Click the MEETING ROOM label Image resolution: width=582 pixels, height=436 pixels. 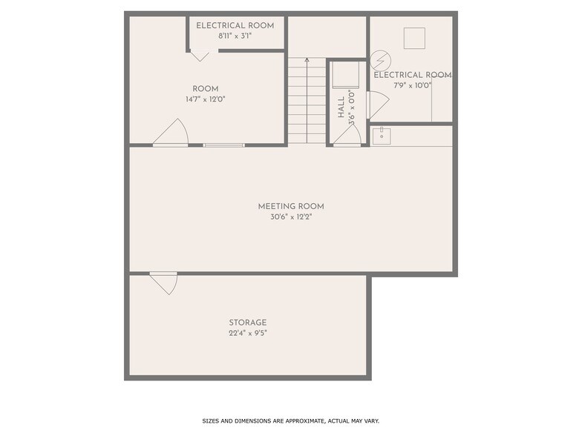291,206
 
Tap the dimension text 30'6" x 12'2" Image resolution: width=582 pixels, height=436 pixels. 291,217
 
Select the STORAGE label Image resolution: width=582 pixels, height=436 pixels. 247,323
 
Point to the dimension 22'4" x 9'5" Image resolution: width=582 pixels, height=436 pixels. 247,334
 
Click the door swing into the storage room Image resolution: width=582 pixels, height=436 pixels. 165,282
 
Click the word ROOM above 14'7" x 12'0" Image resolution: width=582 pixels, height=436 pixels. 206,89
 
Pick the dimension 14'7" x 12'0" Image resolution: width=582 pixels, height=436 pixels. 206,99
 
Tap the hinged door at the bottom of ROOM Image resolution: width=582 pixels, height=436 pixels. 172,133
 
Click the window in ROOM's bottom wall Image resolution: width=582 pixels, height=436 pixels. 223,145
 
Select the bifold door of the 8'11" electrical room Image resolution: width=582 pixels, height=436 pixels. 200,54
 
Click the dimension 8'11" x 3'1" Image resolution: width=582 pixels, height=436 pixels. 235,36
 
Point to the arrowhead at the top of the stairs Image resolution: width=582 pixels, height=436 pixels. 307,59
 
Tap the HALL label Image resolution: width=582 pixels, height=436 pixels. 341,108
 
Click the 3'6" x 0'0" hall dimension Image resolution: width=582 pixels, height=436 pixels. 352,105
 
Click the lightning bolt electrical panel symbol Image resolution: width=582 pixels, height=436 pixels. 379,59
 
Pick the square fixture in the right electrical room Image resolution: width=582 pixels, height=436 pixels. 413,38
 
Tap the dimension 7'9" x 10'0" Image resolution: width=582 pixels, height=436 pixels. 412,85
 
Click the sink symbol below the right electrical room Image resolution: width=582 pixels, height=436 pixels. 381,136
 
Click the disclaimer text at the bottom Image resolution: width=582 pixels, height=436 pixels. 291,420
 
